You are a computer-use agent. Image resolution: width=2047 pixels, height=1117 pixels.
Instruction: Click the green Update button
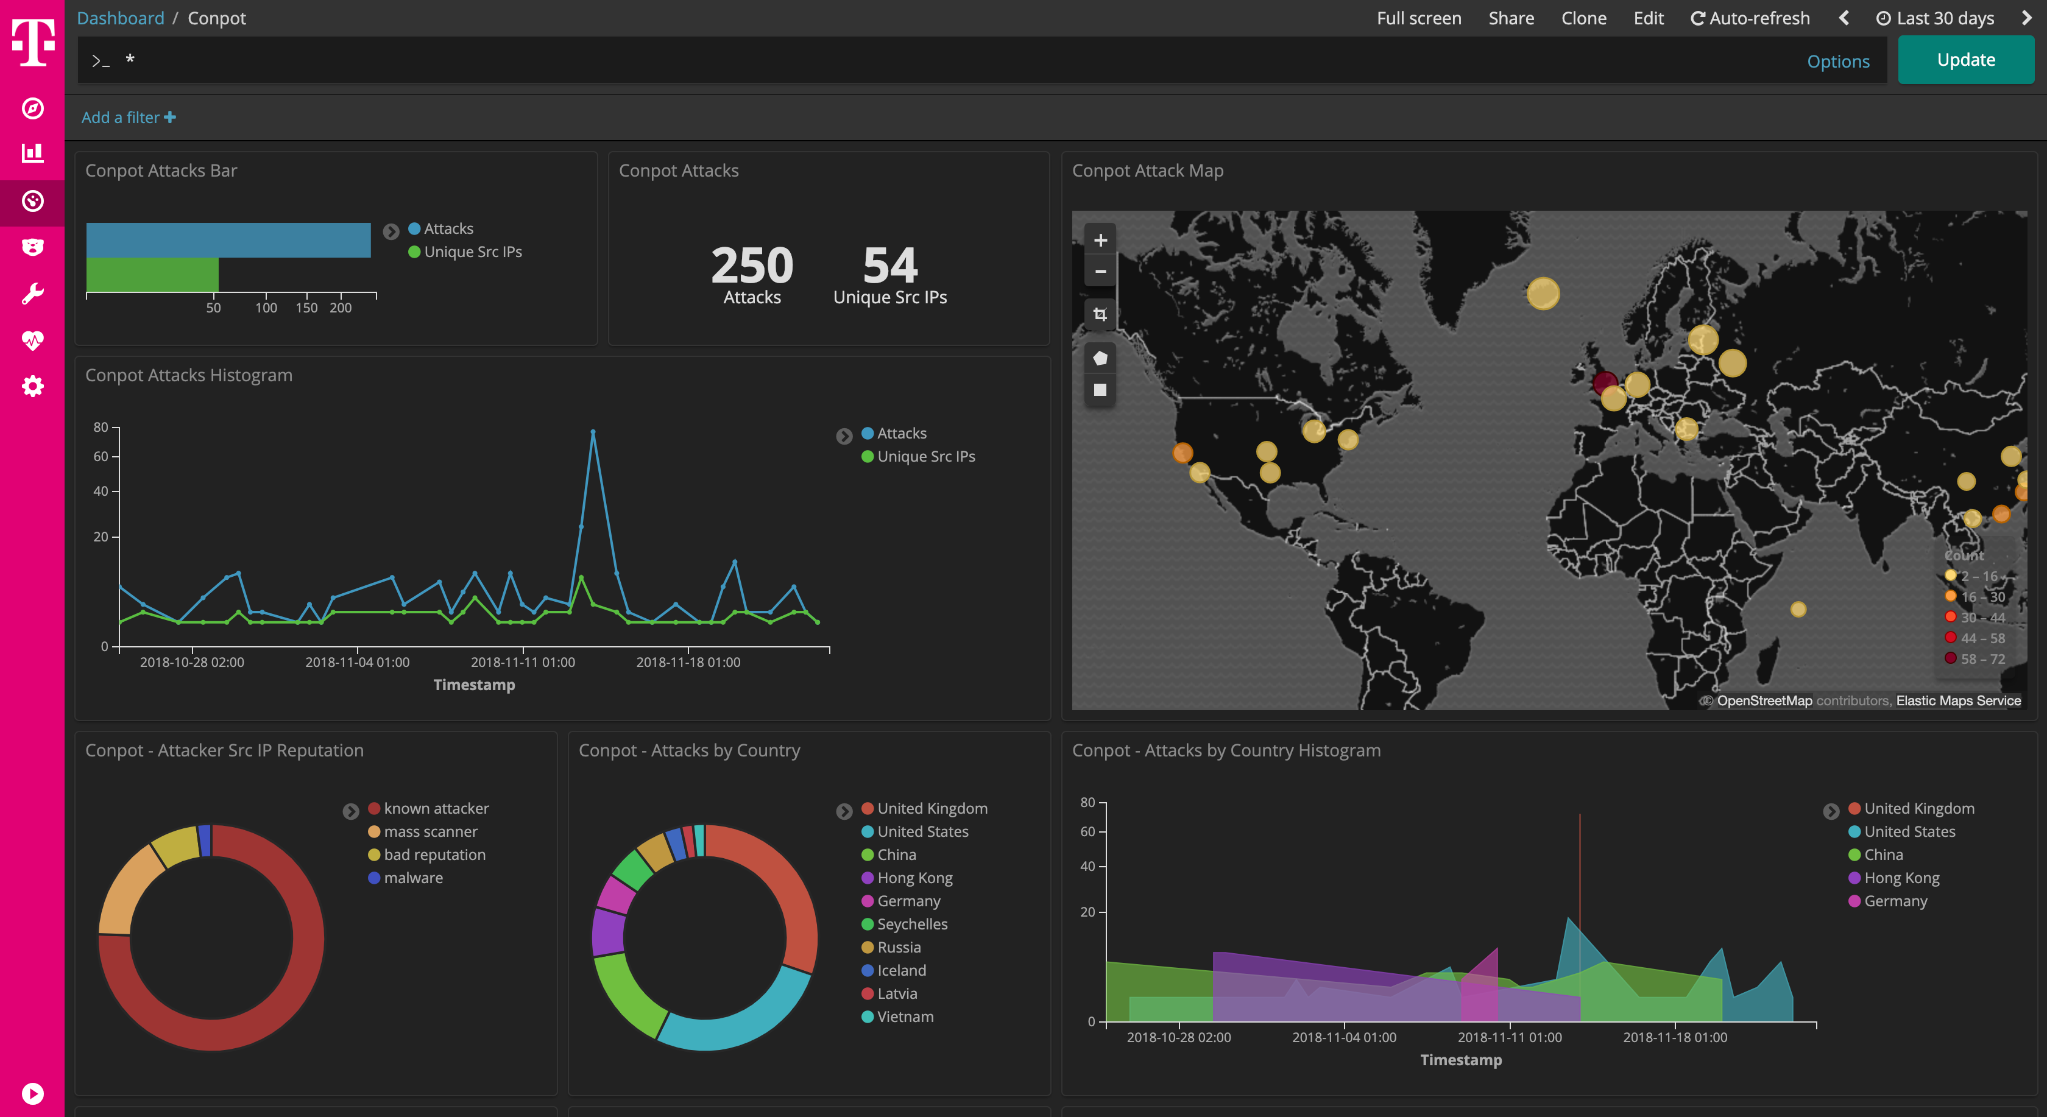[1965, 60]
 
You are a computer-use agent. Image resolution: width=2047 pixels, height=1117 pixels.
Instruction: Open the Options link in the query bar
[1837, 61]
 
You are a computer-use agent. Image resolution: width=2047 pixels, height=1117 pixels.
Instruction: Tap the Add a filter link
[128, 118]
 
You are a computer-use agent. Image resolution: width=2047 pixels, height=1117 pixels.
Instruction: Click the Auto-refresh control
[1750, 18]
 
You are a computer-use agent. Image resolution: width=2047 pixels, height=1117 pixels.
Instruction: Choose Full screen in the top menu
[1418, 18]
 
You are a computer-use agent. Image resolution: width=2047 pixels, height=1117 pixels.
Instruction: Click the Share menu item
[1511, 18]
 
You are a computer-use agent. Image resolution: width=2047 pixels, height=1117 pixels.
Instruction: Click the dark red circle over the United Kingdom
[1604, 383]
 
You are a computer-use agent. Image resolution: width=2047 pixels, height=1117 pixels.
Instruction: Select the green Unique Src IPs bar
[152, 274]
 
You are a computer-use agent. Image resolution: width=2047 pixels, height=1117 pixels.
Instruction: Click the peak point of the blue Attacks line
[593, 432]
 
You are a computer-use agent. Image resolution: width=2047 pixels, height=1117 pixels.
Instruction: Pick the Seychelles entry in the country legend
[911, 924]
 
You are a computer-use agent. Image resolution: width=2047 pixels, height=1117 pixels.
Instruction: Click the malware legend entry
[412, 878]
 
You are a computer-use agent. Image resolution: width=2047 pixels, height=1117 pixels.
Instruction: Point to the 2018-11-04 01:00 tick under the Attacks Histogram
[357, 662]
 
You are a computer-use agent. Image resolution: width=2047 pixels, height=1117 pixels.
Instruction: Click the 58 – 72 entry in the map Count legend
[1982, 658]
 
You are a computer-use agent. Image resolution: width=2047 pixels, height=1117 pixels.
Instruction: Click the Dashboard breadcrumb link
[120, 18]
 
